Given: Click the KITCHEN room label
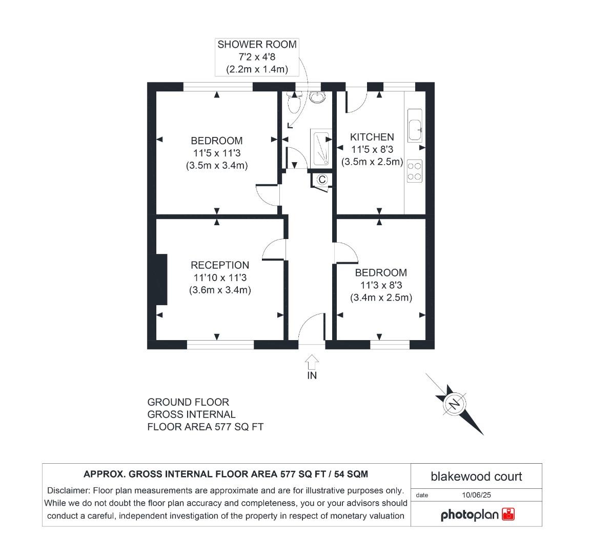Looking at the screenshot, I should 372,137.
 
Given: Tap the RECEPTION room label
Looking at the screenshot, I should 220,265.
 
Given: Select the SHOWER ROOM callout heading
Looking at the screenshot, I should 257,45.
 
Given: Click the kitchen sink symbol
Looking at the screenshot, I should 415,125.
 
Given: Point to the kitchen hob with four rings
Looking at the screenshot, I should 414,171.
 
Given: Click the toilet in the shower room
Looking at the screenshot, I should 294,103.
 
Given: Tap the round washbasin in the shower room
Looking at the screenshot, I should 316,96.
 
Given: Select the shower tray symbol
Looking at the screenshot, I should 320,148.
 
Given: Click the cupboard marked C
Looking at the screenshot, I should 322,180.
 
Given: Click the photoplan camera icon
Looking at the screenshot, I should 508,515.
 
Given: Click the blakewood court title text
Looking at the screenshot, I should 476,477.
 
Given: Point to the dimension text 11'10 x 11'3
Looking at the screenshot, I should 219,278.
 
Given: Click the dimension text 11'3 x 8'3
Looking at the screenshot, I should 381,285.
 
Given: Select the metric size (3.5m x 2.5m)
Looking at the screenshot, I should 372,162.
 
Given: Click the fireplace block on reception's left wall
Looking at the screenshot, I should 162,280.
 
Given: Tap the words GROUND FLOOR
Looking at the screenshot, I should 188,402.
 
